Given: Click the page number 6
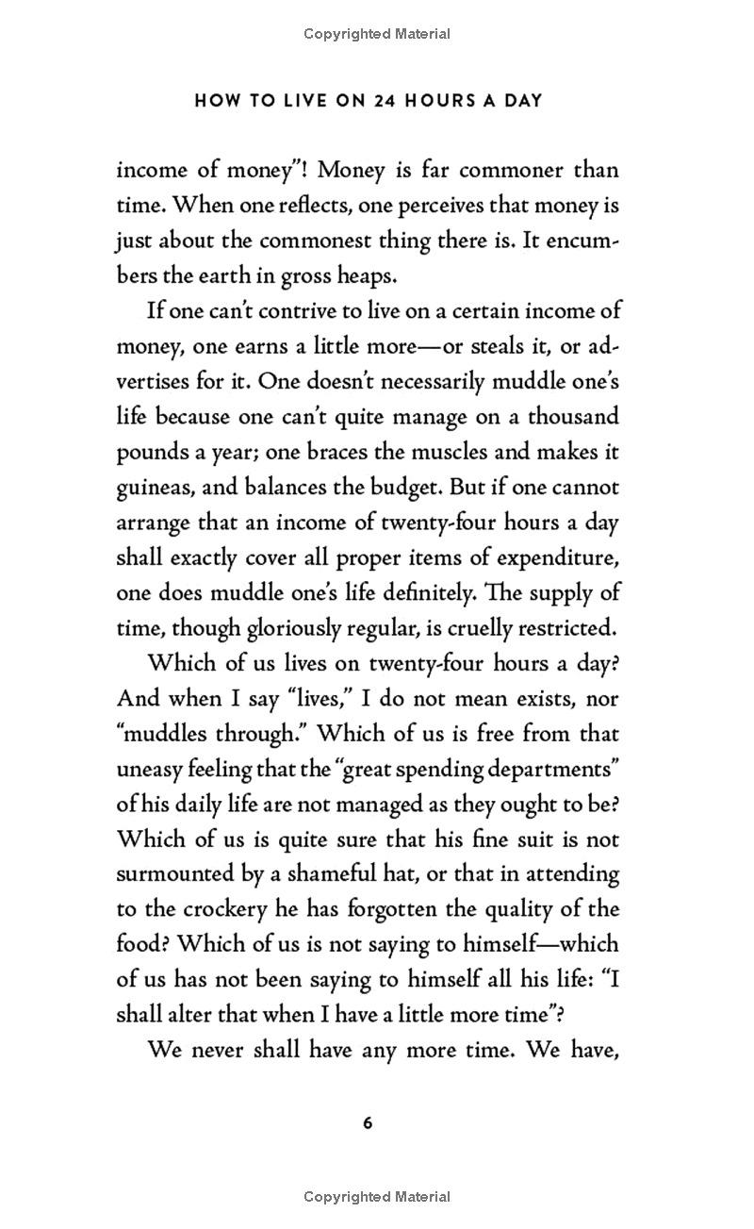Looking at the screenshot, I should point(368,1122).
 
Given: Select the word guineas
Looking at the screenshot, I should point(156,488).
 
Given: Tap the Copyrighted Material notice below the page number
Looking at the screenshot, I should point(377,1197).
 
